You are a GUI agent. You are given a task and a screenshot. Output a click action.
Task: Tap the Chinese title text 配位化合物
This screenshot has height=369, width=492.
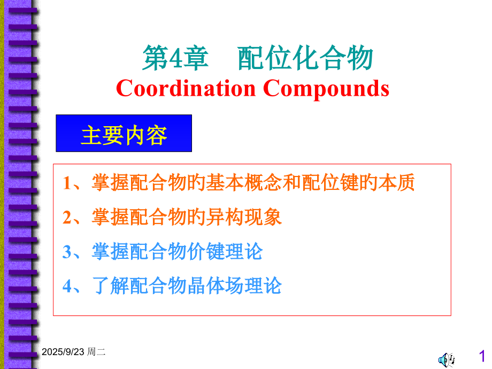click(305, 59)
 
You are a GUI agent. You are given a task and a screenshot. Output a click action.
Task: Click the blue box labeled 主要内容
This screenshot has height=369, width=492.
click(124, 134)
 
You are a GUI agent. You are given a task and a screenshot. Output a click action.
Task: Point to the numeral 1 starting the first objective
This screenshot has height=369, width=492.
click(67, 183)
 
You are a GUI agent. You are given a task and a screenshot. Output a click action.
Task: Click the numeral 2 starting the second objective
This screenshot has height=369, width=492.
click(67, 218)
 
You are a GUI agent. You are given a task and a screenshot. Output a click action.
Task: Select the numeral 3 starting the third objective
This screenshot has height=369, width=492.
click(67, 252)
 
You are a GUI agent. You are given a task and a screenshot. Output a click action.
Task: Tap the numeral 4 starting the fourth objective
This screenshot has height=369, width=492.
click(67, 286)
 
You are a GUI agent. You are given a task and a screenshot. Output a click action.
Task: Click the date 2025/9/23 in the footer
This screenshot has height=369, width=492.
click(63, 351)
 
